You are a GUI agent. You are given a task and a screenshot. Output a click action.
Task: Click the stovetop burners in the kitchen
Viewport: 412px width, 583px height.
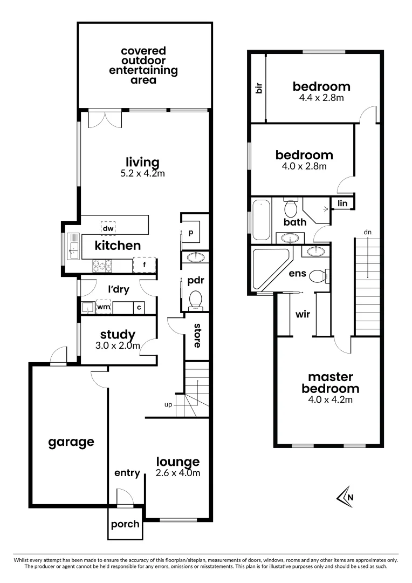click(102, 266)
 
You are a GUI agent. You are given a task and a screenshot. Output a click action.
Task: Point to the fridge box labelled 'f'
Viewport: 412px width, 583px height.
click(144, 265)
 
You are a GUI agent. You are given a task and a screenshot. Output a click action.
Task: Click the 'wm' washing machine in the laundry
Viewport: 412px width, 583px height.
click(104, 307)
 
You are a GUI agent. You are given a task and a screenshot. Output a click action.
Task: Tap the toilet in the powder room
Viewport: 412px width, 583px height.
click(195, 299)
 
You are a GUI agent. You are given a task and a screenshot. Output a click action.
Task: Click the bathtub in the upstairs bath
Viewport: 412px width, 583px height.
click(260, 220)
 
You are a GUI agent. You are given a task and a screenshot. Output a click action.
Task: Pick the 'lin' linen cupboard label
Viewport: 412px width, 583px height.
click(342, 204)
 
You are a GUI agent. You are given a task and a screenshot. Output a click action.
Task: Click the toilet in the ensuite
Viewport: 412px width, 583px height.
click(319, 275)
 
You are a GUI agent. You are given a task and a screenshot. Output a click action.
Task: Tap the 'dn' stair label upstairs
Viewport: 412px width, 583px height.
click(367, 232)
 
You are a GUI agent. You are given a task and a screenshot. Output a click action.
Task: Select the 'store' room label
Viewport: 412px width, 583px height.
click(197, 335)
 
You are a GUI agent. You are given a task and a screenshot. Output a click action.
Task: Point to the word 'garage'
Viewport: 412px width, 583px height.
click(71, 442)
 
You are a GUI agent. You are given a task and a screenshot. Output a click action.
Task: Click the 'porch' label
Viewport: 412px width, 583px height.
click(125, 524)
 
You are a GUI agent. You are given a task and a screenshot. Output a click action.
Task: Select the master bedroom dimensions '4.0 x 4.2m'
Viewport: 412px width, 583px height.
click(330, 400)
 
